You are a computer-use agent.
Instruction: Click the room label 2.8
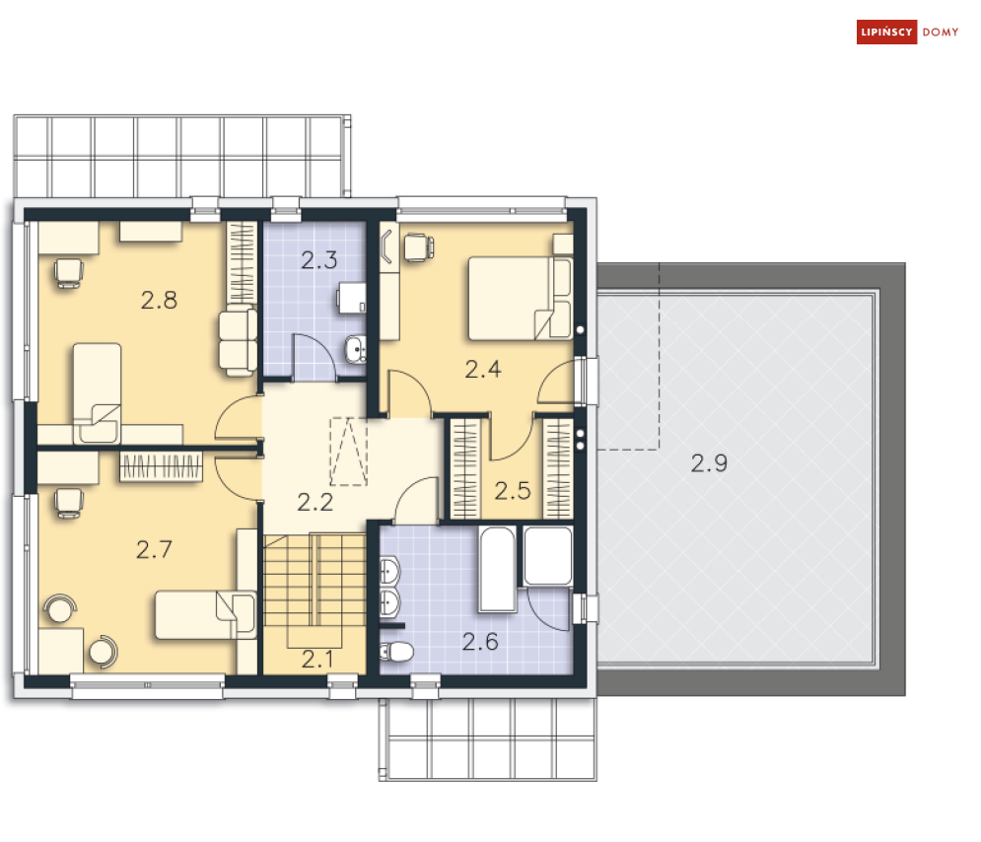point(159,301)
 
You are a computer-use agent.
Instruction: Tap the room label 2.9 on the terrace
point(708,463)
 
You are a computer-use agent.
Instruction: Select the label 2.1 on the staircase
point(315,658)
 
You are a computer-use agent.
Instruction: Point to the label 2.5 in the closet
point(513,490)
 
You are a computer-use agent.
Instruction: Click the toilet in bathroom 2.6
point(397,651)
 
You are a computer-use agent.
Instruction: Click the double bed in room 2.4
point(518,298)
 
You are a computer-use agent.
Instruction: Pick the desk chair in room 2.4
point(418,246)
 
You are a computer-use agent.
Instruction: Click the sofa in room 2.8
point(238,339)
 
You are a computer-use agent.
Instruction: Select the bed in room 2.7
point(205,614)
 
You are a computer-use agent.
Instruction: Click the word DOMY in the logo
point(941,33)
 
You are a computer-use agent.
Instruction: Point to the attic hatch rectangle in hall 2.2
point(347,452)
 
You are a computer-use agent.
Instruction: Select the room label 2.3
point(318,261)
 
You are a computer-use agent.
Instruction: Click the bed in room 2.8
point(97,391)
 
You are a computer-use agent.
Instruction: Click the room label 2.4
point(483,370)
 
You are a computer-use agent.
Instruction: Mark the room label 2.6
point(480,643)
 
